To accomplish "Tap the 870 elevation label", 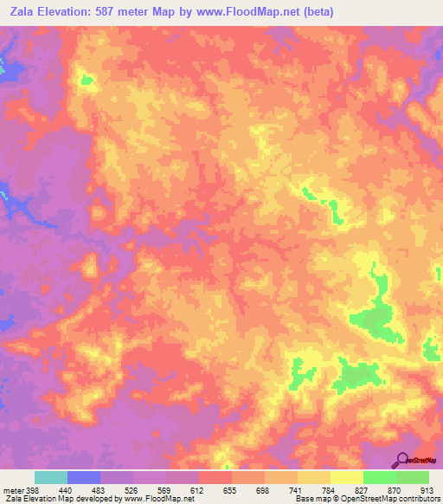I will click(396, 490).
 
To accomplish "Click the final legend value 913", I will click(429, 490).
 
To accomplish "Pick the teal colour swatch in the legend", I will click(51, 477).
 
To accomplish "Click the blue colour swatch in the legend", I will click(84, 477).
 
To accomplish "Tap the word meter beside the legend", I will click(13, 490).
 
